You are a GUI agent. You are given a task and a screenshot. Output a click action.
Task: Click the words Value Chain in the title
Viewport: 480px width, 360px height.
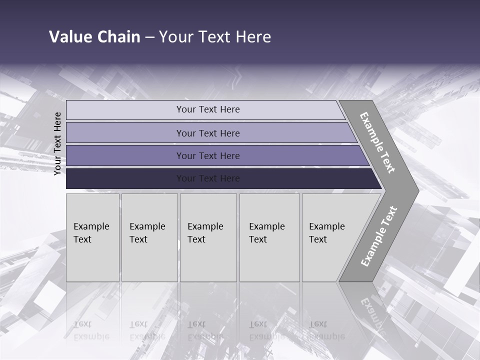click(x=94, y=37)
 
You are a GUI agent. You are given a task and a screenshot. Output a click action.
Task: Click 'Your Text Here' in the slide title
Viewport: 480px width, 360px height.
click(x=215, y=37)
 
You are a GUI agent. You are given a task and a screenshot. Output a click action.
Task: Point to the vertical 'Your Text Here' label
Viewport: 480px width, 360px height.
click(x=57, y=143)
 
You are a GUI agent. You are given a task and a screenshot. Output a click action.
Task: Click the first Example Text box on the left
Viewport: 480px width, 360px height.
click(x=92, y=237)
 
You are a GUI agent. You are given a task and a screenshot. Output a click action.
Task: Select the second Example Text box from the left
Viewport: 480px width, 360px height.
click(x=149, y=237)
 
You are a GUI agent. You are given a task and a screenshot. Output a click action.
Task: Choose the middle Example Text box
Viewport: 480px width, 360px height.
click(x=208, y=237)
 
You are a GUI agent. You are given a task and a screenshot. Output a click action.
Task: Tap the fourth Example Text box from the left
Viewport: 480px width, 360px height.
click(x=269, y=237)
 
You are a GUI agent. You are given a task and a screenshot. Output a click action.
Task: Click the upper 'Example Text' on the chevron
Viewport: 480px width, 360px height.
click(x=377, y=142)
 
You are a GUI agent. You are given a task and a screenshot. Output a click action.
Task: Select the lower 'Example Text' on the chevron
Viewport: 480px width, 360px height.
click(x=378, y=236)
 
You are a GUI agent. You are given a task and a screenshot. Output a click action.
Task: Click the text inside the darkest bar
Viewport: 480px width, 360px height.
click(x=208, y=178)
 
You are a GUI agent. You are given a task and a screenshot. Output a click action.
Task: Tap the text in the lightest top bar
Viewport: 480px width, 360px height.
click(x=208, y=109)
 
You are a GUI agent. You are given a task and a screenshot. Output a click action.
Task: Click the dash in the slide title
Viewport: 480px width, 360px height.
click(x=149, y=37)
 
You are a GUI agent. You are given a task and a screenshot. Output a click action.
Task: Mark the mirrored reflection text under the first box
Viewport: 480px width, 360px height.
click(x=91, y=330)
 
